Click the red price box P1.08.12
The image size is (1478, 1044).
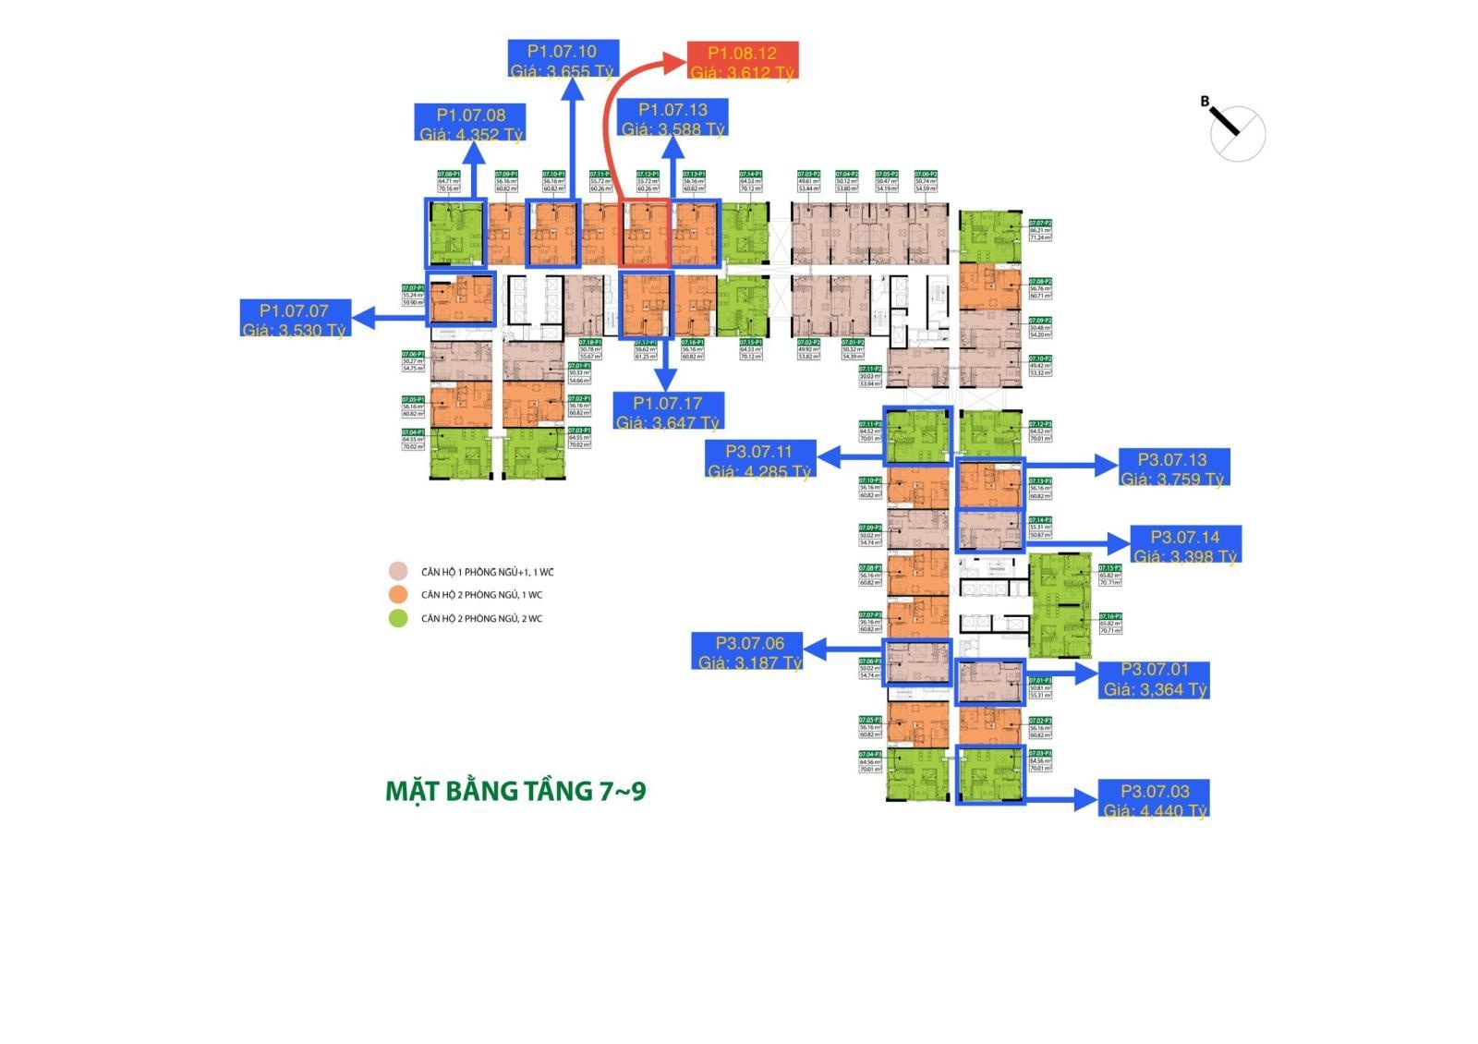(743, 62)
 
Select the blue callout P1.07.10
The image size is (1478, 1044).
(563, 60)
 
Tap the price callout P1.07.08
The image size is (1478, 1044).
(471, 123)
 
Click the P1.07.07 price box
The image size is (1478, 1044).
(294, 319)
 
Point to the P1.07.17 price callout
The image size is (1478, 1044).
(668, 411)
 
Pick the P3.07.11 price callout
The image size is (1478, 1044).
(759, 460)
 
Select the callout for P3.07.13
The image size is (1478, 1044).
(1172, 467)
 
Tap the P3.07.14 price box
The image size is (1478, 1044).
(1185, 545)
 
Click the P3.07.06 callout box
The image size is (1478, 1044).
(749, 651)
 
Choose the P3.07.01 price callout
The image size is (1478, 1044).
(1155, 679)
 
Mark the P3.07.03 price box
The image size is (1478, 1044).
(1155, 799)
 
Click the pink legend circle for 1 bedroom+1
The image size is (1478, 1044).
(398, 572)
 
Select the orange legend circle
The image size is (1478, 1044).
(398, 595)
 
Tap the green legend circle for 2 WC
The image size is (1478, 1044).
(398, 619)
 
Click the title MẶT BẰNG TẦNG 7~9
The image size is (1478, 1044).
(515, 792)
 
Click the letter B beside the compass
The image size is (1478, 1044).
(1205, 102)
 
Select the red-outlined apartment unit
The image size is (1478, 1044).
(645, 234)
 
